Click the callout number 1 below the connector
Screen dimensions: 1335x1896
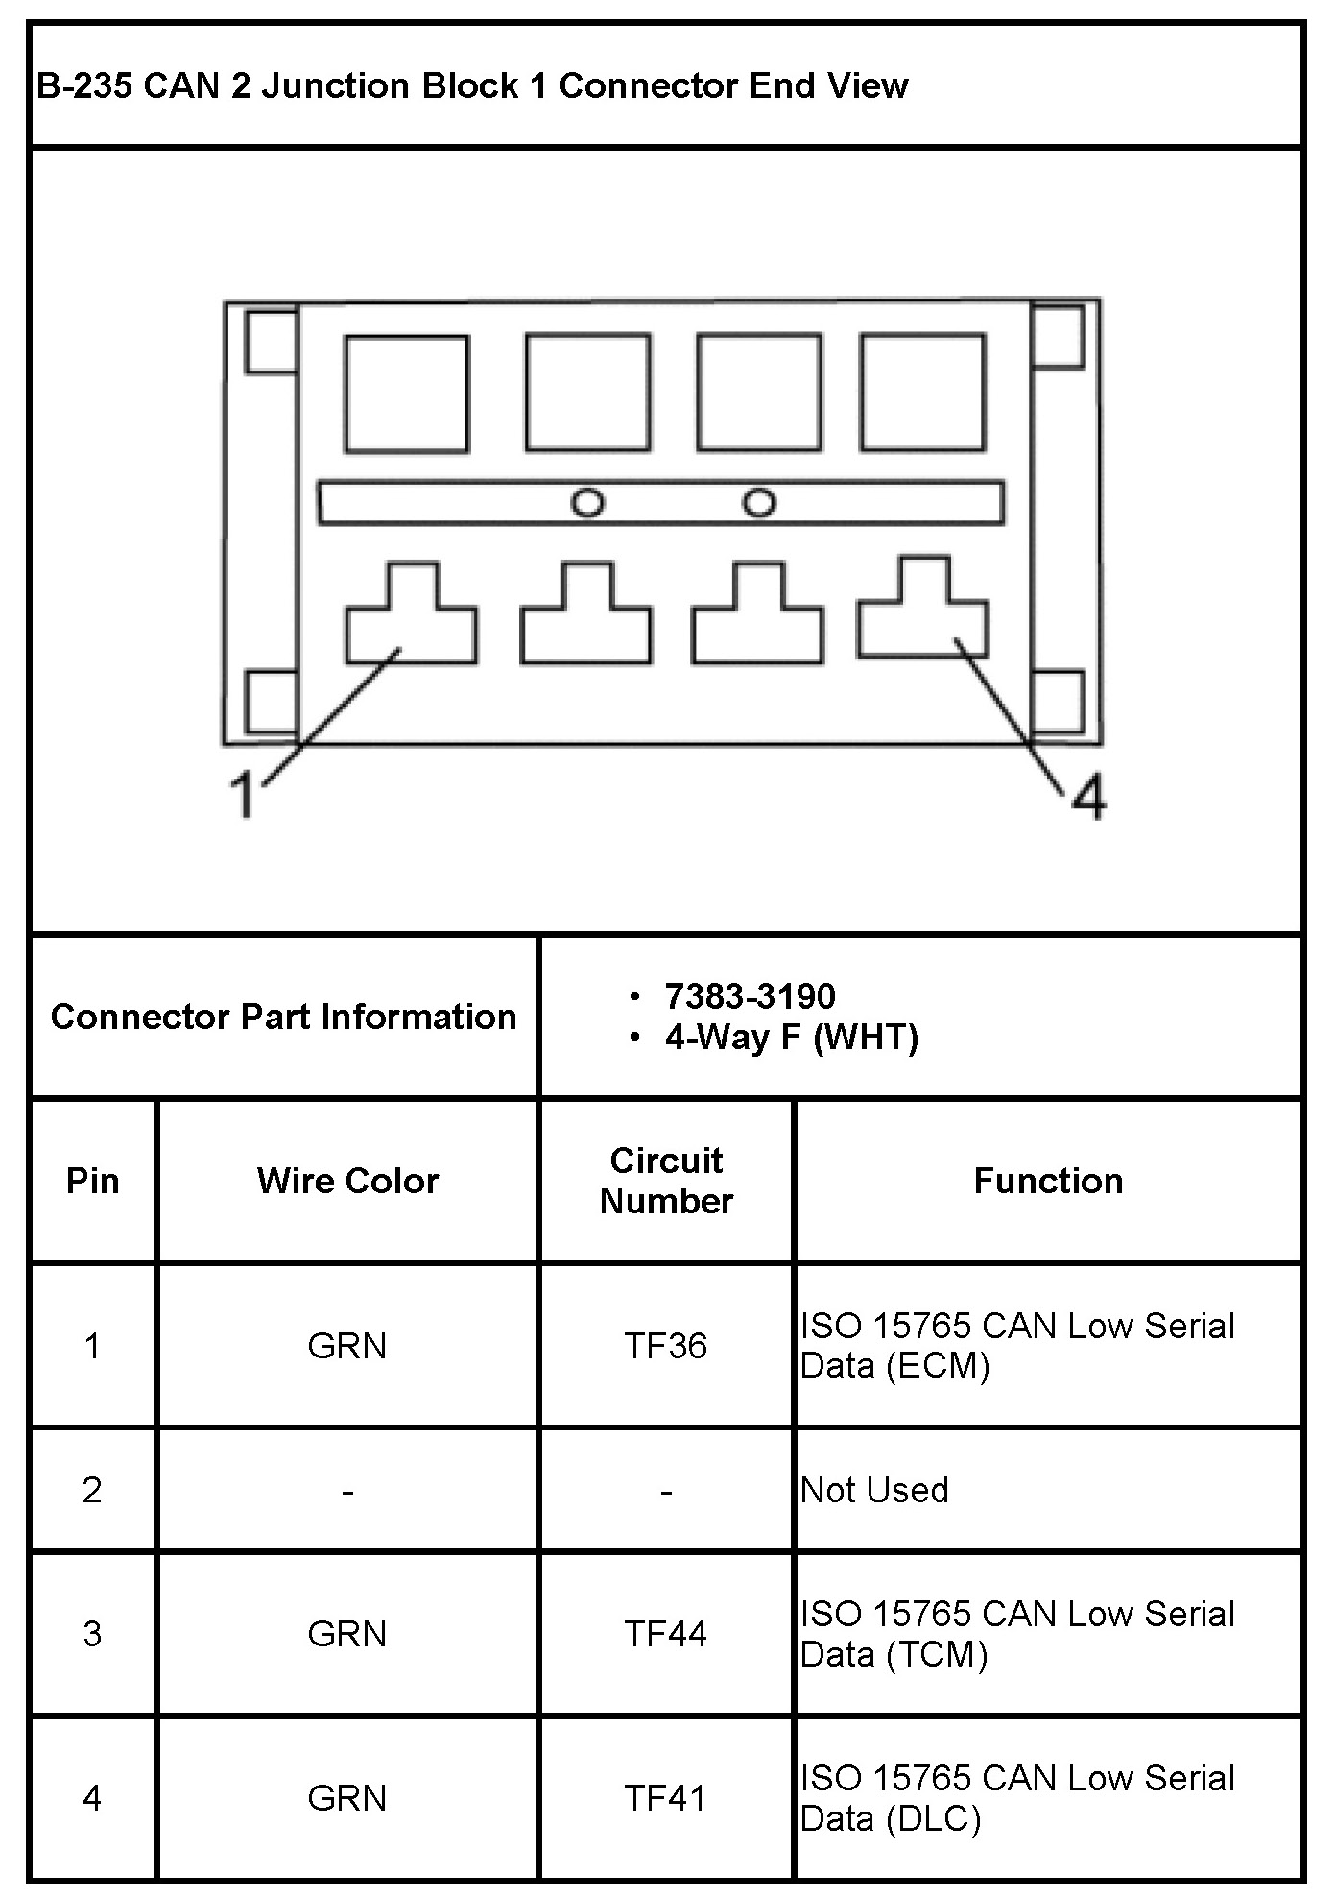[x=245, y=795]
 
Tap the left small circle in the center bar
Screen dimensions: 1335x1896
[x=587, y=502]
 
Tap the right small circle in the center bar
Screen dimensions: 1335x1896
[x=759, y=502]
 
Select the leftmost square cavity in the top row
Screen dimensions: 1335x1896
[x=407, y=394]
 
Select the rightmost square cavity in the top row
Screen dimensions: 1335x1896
[x=922, y=392]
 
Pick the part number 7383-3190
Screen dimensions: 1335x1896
[x=750, y=996]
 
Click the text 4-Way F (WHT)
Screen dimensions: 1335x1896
[x=791, y=1038]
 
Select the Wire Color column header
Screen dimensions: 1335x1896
[x=347, y=1181]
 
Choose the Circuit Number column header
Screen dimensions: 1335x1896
[x=666, y=1181]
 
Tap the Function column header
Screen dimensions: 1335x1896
[x=1048, y=1181]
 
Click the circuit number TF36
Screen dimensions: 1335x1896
[x=666, y=1346]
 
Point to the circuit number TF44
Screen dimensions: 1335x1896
[x=666, y=1634]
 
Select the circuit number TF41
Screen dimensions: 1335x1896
[x=666, y=1798]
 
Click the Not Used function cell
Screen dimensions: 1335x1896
[x=874, y=1490]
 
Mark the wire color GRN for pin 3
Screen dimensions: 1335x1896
[x=347, y=1634]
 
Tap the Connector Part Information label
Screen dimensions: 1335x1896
[x=283, y=1017]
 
